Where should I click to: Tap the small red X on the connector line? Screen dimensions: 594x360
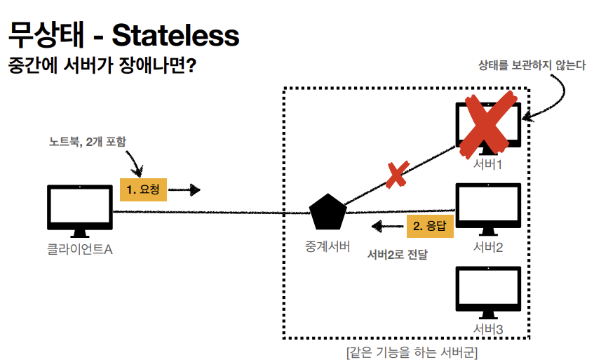(x=397, y=174)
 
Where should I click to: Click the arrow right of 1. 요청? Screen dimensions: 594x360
(x=185, y=189)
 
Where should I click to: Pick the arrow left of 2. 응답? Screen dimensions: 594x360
(x=386, y=226)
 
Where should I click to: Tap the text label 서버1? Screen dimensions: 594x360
(x=488, y=164)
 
